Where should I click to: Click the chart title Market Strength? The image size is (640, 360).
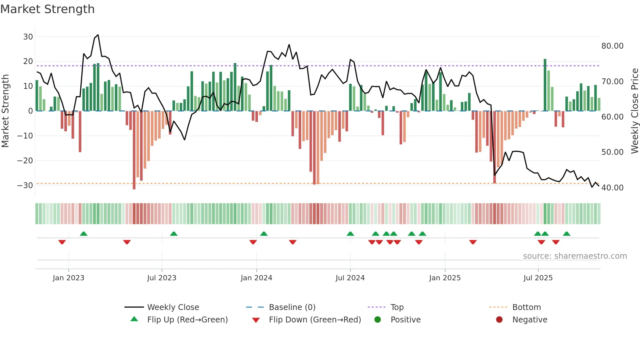(x=47, y=9)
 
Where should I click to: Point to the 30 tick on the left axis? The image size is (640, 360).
(x=28, y=37)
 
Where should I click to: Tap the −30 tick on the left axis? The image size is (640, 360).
(x=25, y=186)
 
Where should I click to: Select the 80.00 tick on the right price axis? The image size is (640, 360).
(x=612, y=46)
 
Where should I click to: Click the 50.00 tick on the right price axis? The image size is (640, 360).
(x=612, y=152)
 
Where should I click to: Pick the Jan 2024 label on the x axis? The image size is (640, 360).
(x=256, y=278)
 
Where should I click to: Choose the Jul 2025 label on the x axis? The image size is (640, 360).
(x=538, y=278)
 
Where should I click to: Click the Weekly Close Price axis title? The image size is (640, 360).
(x=634, y=111)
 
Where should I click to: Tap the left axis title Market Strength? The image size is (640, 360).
(x=6, y=111)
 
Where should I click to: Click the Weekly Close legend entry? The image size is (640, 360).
(x=173, y=307)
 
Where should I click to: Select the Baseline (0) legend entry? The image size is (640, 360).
(x=292, y=307)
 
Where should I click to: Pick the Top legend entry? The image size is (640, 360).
(x=397, y=307)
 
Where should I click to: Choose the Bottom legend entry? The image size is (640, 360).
(x=526, y=307)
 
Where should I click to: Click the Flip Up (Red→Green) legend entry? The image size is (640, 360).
(x=187, y=320)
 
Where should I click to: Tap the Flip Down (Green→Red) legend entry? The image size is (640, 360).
(x=315, y=320)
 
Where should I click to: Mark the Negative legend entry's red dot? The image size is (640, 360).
(x=499, y=320)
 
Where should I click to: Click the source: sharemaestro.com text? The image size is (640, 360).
(x=575, y=256)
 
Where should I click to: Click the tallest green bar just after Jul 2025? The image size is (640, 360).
(x=545, y=85)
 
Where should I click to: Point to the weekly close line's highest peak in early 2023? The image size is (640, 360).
(x=98, y=35)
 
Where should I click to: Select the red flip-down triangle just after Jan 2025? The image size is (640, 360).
(x=473, y=242)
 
